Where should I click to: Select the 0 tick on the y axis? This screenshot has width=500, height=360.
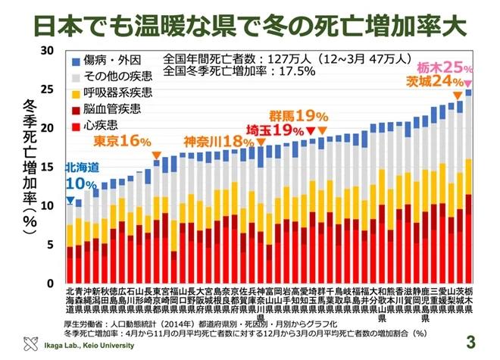[x=51, y=283]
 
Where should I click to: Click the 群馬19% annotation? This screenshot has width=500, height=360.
[x=302, y=116]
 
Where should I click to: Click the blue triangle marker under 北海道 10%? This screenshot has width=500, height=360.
[x=70, y=201]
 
